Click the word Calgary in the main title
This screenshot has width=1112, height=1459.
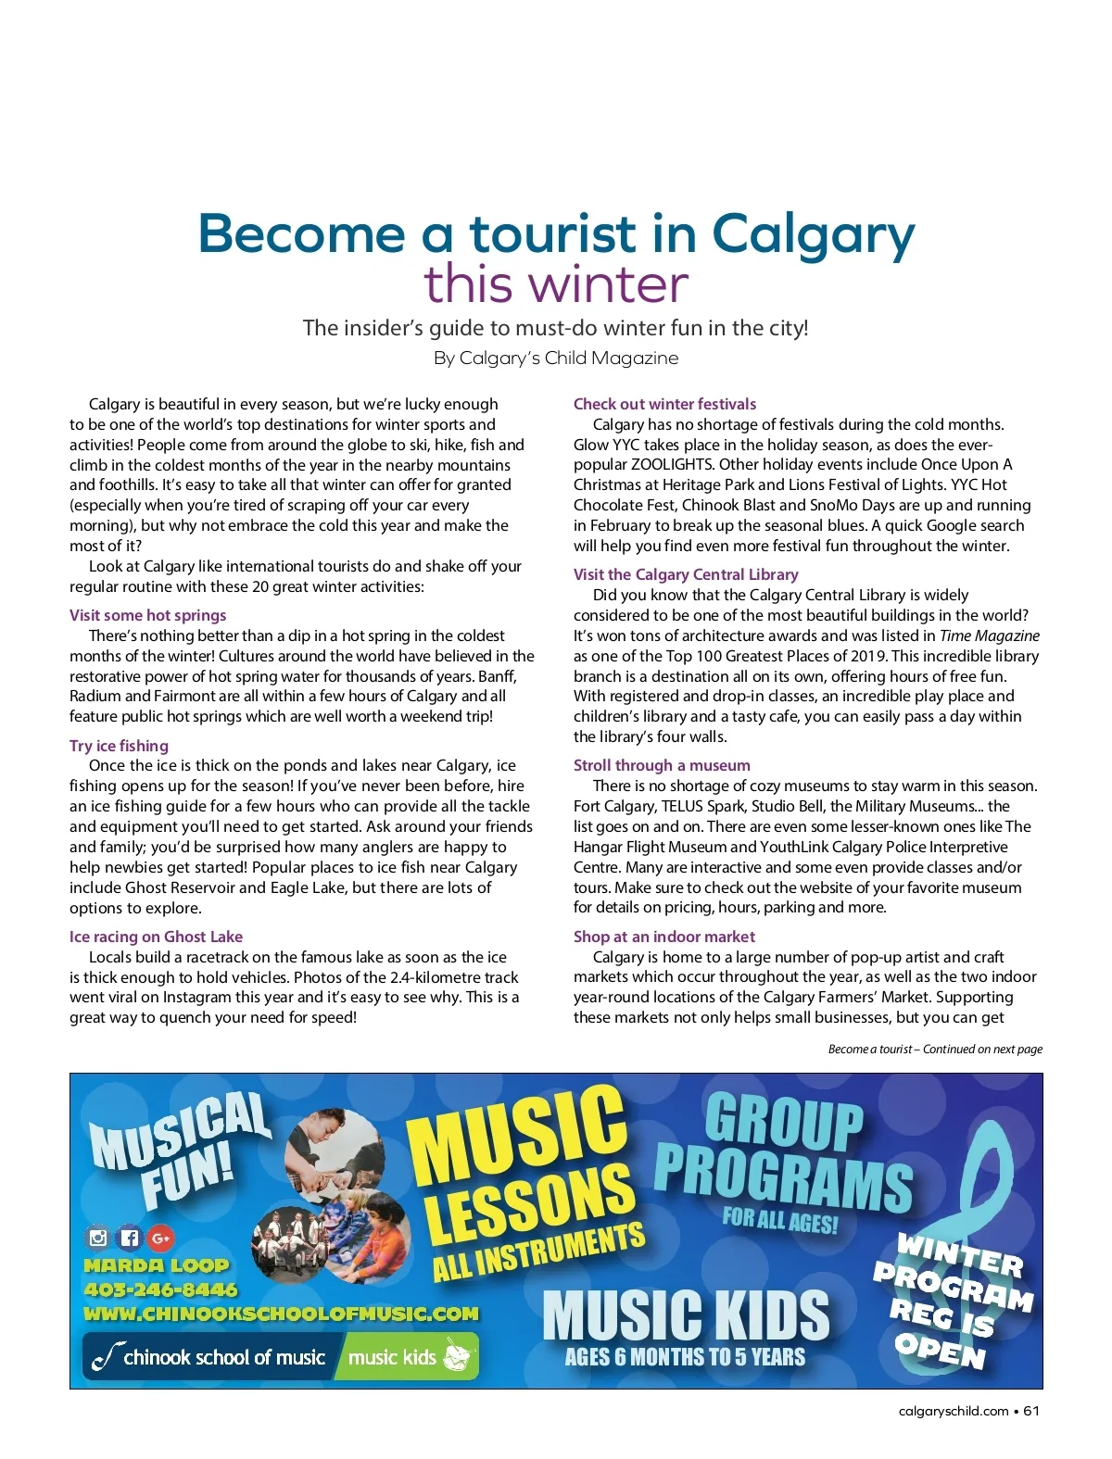[813, 235]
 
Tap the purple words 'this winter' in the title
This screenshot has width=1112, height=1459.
[556, 284]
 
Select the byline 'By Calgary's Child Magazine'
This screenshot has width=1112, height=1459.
[556, 358]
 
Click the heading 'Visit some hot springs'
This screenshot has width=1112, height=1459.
[147, 615]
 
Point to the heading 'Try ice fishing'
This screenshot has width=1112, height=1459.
[119, 746]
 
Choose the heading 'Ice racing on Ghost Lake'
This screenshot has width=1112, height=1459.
[156, 937]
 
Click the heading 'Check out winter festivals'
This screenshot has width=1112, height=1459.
[664, 404]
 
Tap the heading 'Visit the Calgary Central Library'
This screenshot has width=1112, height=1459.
[685, 574]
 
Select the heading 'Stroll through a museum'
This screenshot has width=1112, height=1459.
[662, 765]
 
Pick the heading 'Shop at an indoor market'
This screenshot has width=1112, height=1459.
[663, 937]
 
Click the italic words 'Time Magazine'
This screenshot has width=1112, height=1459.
[989, 635]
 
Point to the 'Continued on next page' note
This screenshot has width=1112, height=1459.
[935, 1050]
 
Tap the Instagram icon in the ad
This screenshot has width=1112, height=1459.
[98, 1238]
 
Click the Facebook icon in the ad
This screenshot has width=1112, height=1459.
[130, 1238]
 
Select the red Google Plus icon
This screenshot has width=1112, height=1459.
[160, 1238]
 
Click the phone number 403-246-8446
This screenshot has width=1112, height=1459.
[160, 1289]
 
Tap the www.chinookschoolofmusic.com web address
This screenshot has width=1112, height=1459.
[281, 1314]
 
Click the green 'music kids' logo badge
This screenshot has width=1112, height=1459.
[408, 1357]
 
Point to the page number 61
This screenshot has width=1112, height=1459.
[1031, 1411]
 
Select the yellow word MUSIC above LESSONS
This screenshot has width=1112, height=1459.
[517, 1137]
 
